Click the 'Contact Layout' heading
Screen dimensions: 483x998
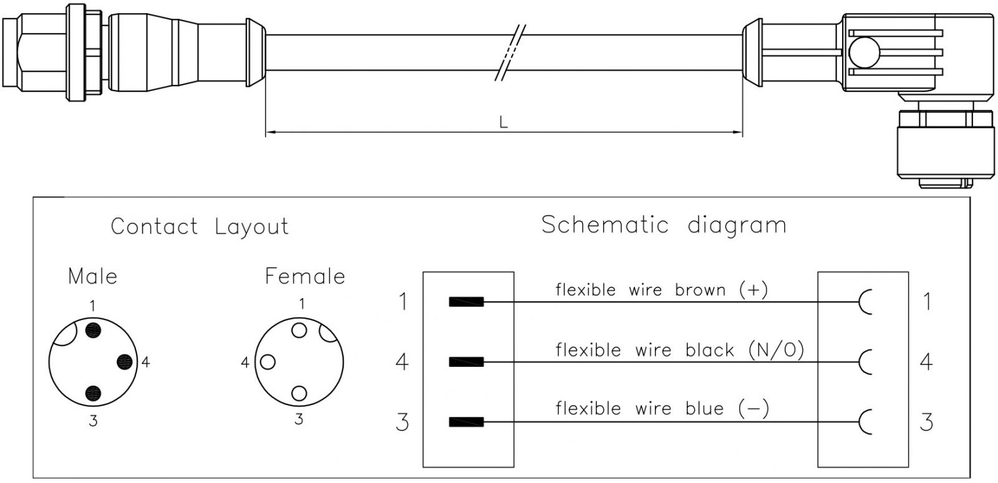(x=200, y=227)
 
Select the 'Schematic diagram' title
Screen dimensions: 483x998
(x=663, y=225)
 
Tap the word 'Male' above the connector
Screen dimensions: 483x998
(x=92, y=276)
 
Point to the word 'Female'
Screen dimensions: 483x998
(x=305, y=276)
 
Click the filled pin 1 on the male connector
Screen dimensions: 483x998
(x=93, y=329)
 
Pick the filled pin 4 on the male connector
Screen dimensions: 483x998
(x=125, y=361)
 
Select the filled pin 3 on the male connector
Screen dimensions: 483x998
(x=93, y=393)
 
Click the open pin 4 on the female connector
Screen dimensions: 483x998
(x=268, y=361)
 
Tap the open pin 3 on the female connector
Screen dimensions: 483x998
(x=299, y=393)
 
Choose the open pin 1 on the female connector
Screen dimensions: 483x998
(x=299, y=330)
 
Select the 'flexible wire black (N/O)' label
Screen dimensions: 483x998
(x=679, y=349)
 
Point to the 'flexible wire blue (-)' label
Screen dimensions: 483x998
(x=662, y=409)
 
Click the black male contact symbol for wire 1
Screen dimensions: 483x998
(x=466, y=303)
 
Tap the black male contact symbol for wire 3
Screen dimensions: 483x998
(x=466, y=422)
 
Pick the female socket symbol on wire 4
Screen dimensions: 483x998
(x=865, y=362)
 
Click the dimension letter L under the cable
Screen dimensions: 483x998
(x=503, y=122)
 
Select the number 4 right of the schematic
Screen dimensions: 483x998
(x=926, y=361)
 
